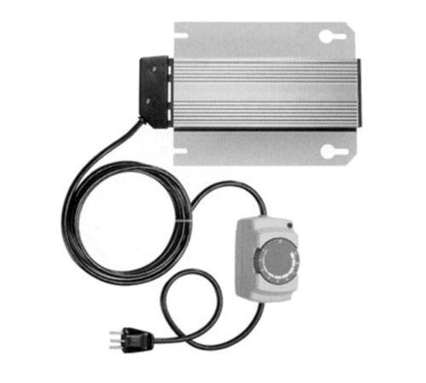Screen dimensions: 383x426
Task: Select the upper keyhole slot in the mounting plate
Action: click(x=326, y=38)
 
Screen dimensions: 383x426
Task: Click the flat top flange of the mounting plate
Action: click(x=264, y=38)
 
